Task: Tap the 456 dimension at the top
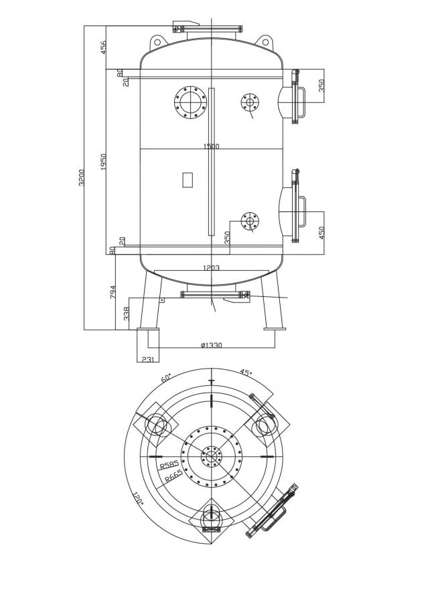104,48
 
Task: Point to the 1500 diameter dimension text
211,146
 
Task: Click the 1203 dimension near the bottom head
211,268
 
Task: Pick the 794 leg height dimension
113,292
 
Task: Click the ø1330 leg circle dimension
211,345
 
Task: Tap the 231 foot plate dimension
147,359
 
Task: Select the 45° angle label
246,373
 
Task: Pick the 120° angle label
137,499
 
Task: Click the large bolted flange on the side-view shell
190,102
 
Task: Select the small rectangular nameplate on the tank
187,179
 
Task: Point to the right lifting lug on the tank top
266,41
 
